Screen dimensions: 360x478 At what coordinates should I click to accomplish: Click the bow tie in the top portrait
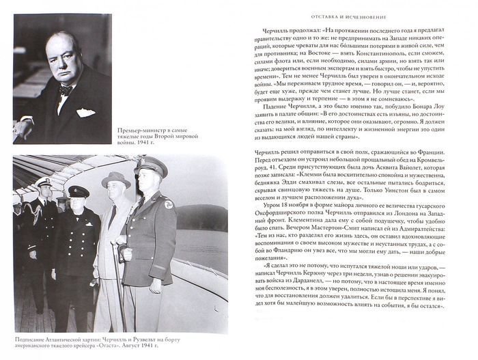coord(66,89)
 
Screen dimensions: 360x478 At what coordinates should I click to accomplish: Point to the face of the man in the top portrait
coord(70,63)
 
